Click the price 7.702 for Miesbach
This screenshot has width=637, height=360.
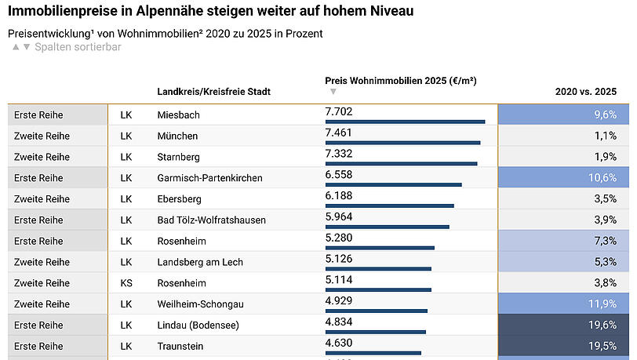point(339,112)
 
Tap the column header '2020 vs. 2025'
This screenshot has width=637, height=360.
point(586,92)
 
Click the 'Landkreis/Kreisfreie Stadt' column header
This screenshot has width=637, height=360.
point(213,92)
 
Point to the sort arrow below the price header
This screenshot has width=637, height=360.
point(333,92)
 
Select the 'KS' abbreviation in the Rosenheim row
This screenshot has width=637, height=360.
point(126,282)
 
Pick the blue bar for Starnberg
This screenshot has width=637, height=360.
point(401,164)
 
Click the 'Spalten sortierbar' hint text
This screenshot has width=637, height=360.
point(78,47)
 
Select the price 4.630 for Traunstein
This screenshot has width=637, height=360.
point(339,343)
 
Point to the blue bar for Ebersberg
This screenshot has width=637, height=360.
point(389,206)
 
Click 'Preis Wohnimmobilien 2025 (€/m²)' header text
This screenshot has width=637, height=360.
point(401,81)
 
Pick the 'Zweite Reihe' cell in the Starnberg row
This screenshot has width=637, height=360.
point(42,157)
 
